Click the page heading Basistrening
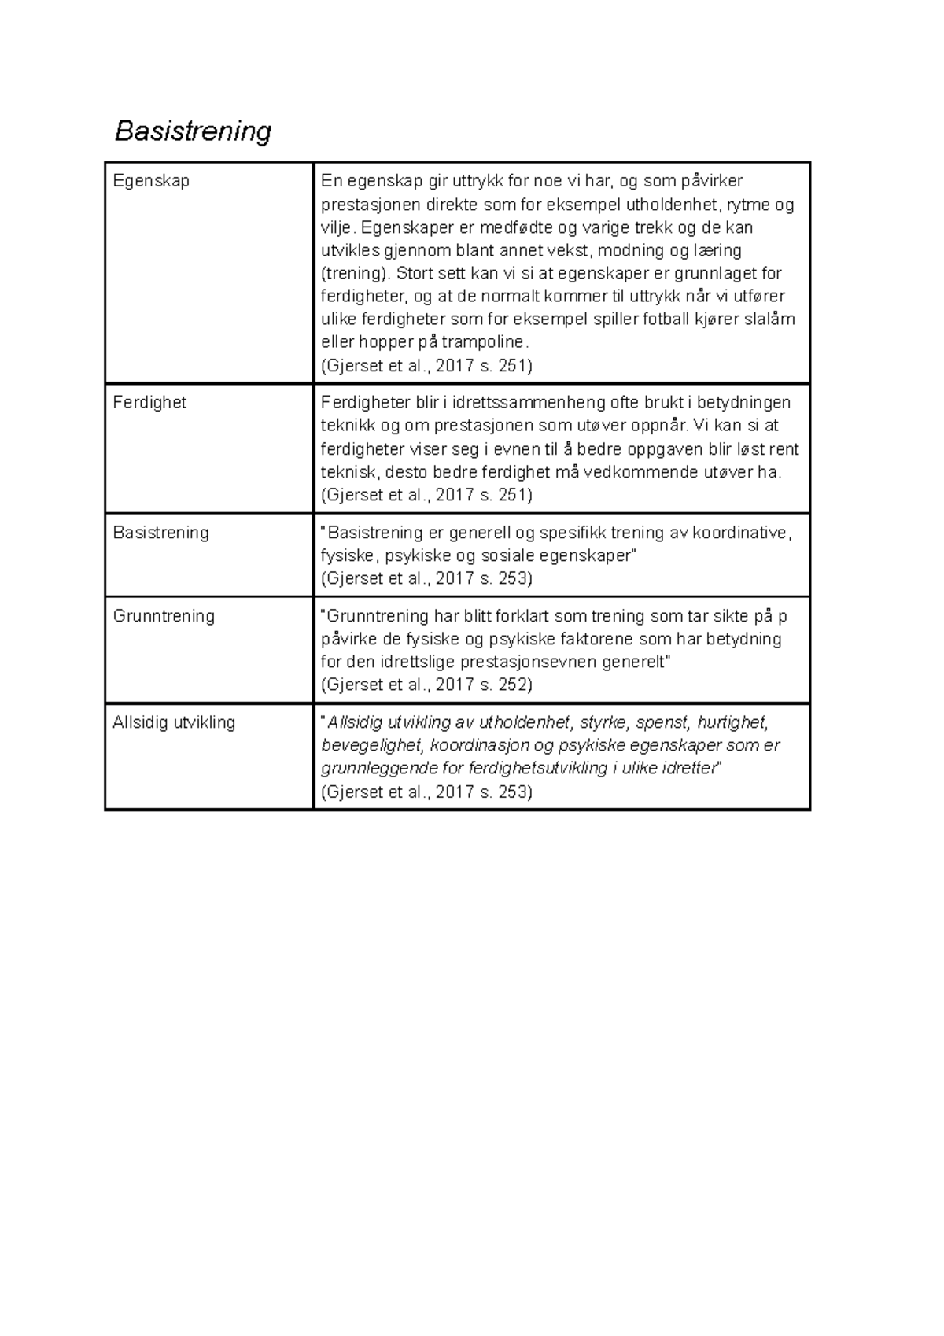click(193, 131)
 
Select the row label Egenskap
click(151, 181)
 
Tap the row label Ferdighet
click(149, 402)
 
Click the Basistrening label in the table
click(160, 533)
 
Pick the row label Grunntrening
click(164, 616)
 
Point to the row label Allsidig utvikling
click(174, 722)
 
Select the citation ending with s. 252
click(426, 685)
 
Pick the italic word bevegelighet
click(371, 746)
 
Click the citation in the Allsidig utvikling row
click(426, 792)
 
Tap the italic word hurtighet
click(732, 722)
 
